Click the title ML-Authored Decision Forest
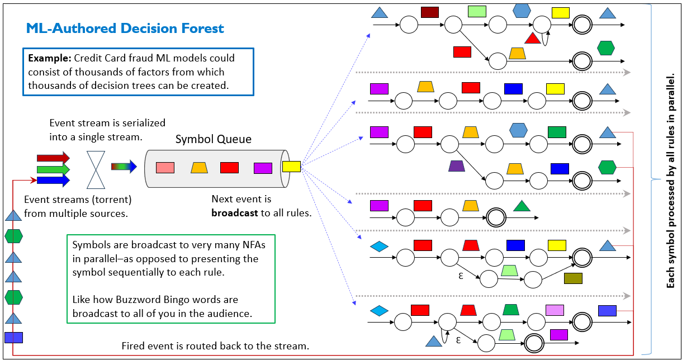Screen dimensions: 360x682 (125, 29)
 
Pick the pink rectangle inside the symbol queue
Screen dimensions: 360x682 (165, 168)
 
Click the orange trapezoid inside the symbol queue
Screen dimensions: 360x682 (199, 168)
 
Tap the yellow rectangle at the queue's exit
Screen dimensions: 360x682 (291, 166)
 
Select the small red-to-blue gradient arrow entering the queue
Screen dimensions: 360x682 (124, 167)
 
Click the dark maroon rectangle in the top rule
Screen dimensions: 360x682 (429, 12)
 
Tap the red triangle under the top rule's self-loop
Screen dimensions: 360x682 (532, 39)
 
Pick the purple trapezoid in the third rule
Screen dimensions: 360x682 (457, 166)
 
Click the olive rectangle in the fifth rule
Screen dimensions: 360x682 (573, 278)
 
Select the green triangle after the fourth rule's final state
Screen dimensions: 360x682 (522, 206)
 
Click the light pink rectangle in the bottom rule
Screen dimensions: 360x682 (555, 310)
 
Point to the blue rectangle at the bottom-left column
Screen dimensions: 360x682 (13, 337)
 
